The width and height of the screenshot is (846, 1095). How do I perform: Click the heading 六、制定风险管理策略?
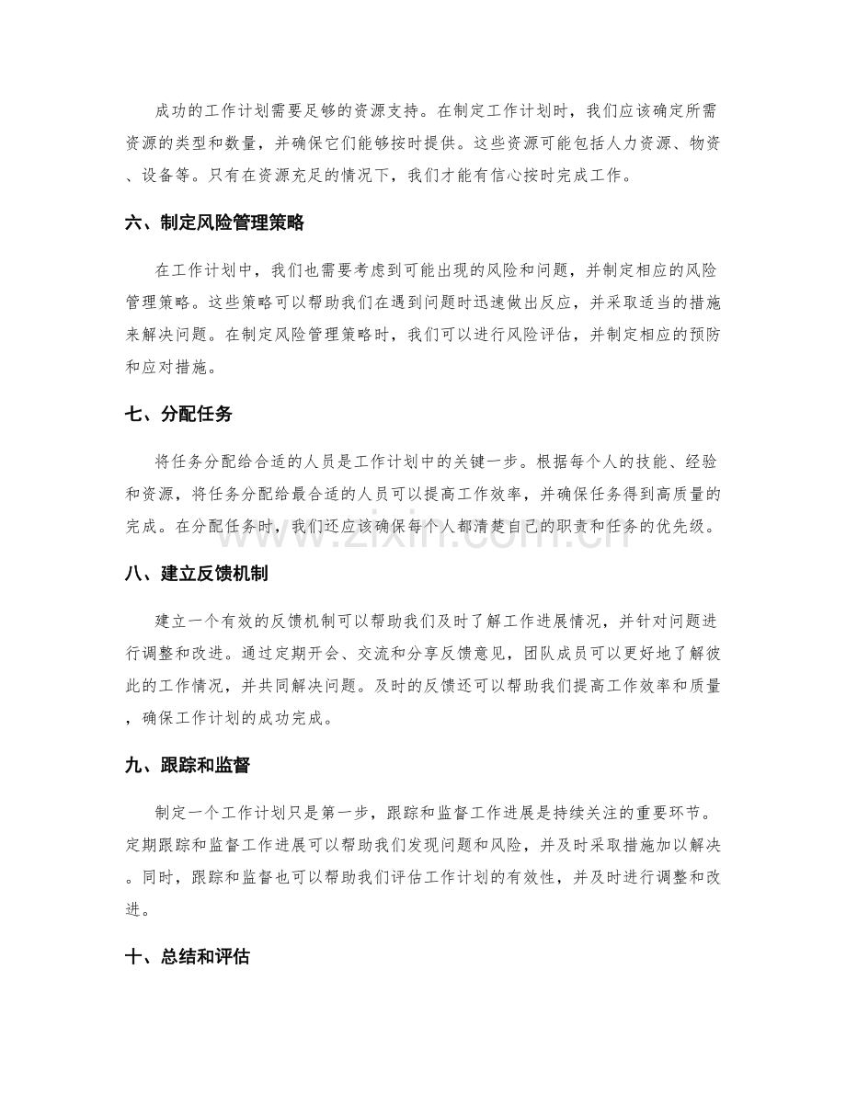click(x=214, y=222)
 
